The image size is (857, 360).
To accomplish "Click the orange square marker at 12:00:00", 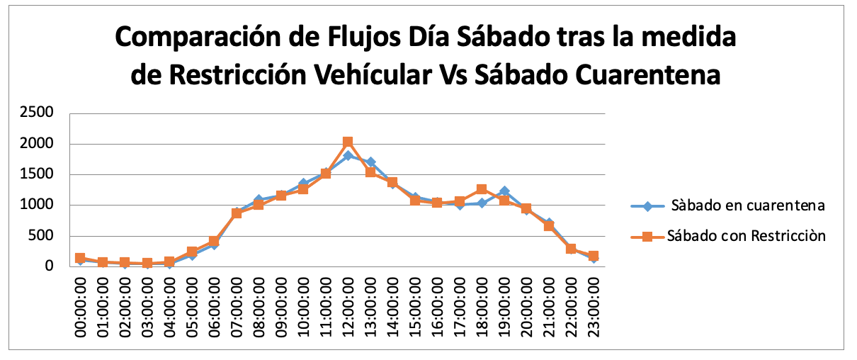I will (x=347, y=142).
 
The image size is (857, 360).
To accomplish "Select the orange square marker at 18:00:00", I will (x=482, y=189).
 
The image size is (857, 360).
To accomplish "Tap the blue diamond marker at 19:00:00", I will (x=504, y=191).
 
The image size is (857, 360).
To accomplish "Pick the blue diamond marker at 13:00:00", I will (x=370, y=162).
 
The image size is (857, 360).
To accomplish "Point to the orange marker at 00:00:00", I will (x=80, y=258).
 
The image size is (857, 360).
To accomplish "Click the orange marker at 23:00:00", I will (x=594, y=255).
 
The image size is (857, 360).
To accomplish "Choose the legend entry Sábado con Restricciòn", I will (x=746, y=236).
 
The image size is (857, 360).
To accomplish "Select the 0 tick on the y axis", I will (x=49, y=267).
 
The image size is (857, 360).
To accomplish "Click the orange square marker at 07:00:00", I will (x=237, y=213).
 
